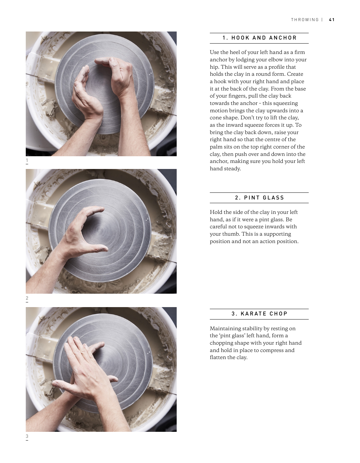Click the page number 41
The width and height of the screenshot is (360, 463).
click(x=332, y=19)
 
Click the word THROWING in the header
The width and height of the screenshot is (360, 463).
click(x=305, y=19)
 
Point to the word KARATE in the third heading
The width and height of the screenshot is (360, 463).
click(x=253, y=313)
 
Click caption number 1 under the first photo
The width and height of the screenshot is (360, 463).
click(x=27, y=160)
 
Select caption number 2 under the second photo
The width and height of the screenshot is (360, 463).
click(x=27, y=298)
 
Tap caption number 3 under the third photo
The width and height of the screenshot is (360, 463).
click(x=27, y=436)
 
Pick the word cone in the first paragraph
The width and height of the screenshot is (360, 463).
click(x=216, y=118)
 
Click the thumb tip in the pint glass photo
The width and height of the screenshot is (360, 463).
click(x=106, y=249)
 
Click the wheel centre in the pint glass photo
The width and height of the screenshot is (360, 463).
click(x=99, y=230)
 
